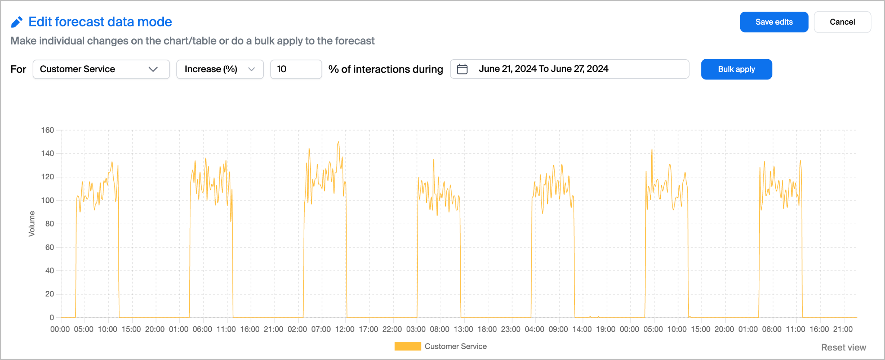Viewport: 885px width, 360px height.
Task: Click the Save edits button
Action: (774, 22)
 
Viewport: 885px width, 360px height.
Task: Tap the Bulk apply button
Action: (736, 69)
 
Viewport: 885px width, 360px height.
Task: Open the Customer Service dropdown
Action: (101, 69)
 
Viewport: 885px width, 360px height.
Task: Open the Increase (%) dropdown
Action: (220, 69)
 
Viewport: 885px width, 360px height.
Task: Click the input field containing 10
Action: (296, 69)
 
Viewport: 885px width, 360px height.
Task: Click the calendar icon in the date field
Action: (462, 69)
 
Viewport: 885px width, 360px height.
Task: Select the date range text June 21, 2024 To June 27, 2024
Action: (543, 69)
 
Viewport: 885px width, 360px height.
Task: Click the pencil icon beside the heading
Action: (17, 22)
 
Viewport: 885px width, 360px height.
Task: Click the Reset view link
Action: (843, 347)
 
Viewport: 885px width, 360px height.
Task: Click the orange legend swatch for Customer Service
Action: (407, 346)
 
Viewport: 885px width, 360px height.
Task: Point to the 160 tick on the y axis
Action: (48, 130)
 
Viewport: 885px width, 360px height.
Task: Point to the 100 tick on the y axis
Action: (48, 200)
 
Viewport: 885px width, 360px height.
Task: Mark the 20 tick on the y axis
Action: (50, 294)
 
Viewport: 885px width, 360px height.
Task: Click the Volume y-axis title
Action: (32, 223)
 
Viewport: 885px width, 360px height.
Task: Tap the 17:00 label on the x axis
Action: (368, 329)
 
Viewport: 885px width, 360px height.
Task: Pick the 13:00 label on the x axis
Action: (463, 329)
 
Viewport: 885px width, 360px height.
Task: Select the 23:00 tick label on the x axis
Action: (510, 329)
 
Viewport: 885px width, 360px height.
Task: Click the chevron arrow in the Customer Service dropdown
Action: (153, 69)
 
